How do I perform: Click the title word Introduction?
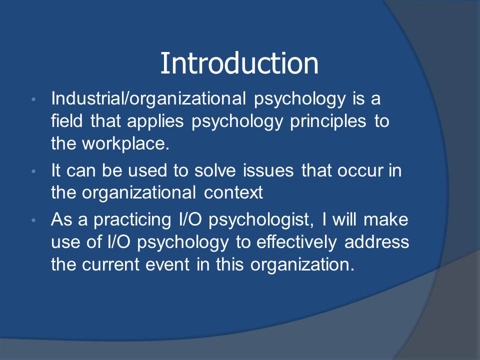click(239, 63)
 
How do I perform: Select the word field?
click(66, 120)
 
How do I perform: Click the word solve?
click(215, 170)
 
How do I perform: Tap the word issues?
click(268, 170)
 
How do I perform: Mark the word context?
click(233, 193)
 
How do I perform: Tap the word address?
click(376, 242)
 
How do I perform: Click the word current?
click(110, 265)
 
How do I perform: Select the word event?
click(167, 265)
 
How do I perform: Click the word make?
click(385, 219)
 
